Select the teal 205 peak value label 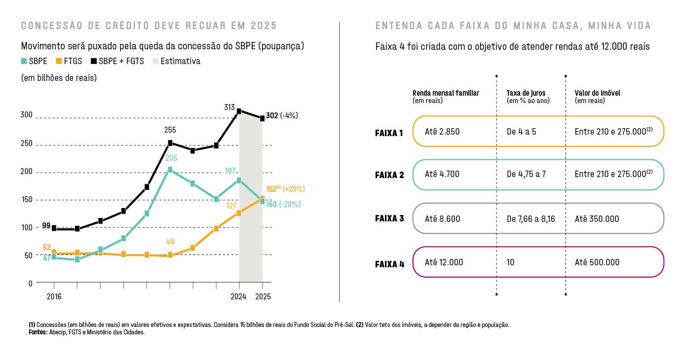click(x=171, y=158)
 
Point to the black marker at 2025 click(x=263, y=118)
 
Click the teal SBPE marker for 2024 click(x=239, y=180)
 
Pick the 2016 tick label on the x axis click(x=54, y=297)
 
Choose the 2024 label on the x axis click(x=239, y=297)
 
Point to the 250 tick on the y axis click(x=27, y=144)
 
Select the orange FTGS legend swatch click(x=58, y=62)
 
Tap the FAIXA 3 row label click(x=389, y=218)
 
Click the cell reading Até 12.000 click(x=444, y=262)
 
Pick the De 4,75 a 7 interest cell click(x=526, y=175)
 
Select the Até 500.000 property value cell click(x=597, y=262)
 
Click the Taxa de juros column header click(x=526, y=93)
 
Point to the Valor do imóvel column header click(x=598, y=93)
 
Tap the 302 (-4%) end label click(x=282, y=116)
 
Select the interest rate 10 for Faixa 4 click(x=510, y=262)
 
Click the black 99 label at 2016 click(x=46, y=226)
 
